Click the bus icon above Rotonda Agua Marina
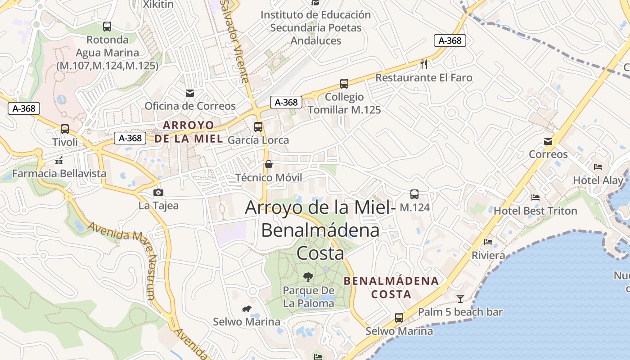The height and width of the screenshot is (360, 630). coord(107,27)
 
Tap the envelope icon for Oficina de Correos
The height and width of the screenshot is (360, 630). coord(190,93)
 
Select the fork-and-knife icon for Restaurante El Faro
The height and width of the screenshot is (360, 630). coord(424,64)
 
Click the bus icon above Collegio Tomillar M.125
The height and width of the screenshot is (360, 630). coord(344,84)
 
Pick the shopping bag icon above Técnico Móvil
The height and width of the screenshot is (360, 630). coord(269,164)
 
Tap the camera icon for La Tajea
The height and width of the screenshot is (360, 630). coord(158,193)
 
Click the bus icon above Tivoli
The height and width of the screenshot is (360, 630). coord(65,129)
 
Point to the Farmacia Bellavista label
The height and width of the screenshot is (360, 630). coord(59,174)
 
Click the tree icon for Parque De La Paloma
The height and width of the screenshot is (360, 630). coord(308,277)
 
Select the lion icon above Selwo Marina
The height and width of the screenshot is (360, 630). coord(246,309)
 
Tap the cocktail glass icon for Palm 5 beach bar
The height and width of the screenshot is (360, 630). coord(460,298)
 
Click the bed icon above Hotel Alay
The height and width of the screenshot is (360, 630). coord(598,167)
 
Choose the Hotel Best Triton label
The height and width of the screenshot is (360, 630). coord(535,211)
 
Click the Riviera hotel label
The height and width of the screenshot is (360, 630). coord(488,256)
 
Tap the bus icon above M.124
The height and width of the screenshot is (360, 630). coord(414,194)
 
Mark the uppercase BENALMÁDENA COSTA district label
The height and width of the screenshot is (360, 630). coord(391,288)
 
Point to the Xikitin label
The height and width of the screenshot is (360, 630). coord(158,4)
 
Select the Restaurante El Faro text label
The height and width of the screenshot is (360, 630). coord(424,78)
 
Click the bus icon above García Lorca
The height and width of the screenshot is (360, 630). coord(258,127)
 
